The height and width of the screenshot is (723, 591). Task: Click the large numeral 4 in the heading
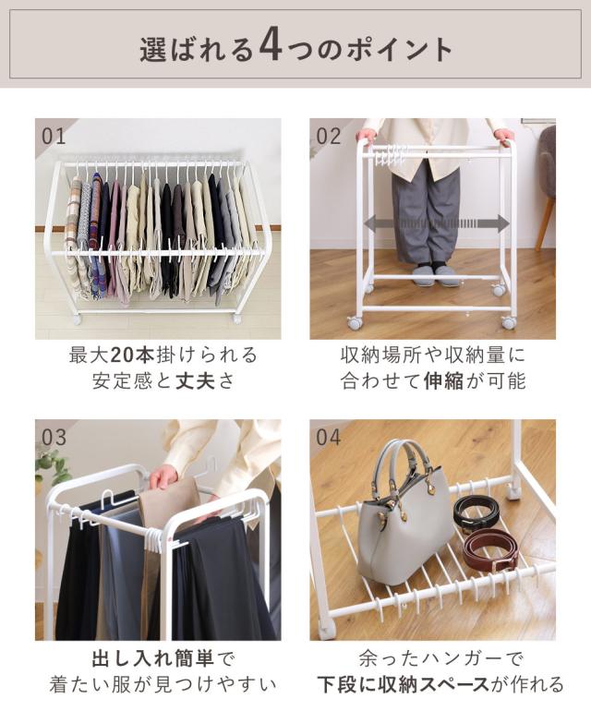(x=271, y=47)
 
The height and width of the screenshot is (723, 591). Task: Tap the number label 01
(x=54, y=137)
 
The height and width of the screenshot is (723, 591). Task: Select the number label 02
(x=329, y=137)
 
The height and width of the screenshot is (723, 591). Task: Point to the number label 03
(x=54, y=437)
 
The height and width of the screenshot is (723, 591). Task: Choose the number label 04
(x=329, y=437)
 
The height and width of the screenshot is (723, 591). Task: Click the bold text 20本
(x=133, y=355)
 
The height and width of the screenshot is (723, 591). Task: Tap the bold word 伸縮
(x=443, y=380)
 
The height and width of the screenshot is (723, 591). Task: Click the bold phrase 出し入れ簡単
(x=153, y=658)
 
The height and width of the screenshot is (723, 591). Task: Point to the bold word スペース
(x=442, y=684)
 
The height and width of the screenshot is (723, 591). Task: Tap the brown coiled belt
(x=490, y=550)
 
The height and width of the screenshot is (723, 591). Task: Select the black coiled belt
(x=476, y=512)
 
